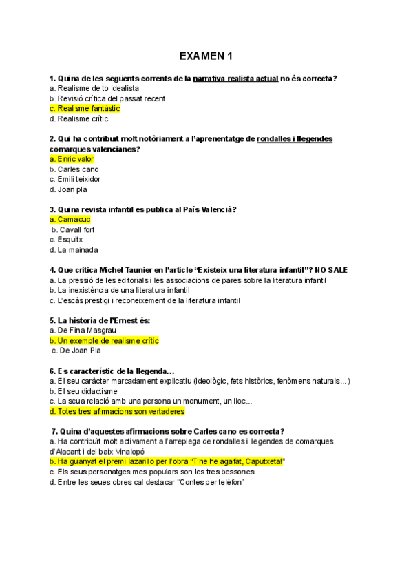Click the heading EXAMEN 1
206,56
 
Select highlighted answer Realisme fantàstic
85,108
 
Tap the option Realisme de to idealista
94,88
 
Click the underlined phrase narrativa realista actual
235,79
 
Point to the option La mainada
74,249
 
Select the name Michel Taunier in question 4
123,270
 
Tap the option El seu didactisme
83,391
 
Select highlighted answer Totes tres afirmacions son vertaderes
117,411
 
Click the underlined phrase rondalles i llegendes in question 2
294,139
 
